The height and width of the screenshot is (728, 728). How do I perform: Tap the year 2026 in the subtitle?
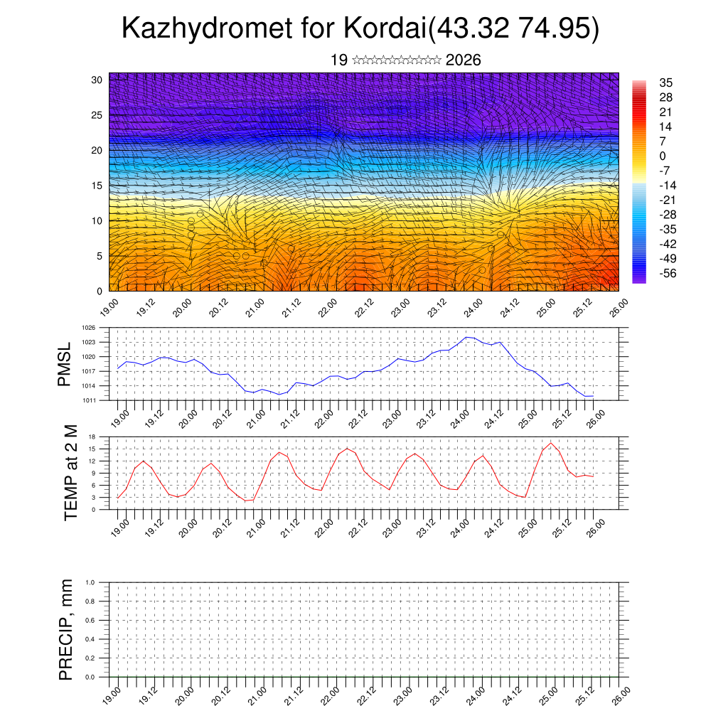(x=463, y=60)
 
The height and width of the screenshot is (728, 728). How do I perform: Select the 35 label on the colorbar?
(x=666, y=82)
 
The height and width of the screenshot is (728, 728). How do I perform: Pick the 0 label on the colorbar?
(x=663, y=156)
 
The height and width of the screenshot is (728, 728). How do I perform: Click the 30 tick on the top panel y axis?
(x=97, y=80)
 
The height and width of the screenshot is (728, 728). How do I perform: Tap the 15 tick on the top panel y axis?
(x=97, y=186)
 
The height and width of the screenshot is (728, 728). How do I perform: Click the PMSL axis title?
(x=64, y=364)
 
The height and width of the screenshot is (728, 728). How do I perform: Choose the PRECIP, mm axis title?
(x=66, y=629)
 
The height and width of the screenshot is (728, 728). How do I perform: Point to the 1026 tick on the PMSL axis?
(x=89, y=328)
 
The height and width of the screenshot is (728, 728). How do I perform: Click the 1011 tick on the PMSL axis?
(x=89, y=400)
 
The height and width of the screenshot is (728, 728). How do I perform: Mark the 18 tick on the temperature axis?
(x=92, y=437)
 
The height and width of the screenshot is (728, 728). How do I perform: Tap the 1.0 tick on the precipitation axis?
(x=90, y=582)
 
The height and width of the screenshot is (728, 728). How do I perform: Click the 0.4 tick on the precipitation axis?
(x=90, y=639)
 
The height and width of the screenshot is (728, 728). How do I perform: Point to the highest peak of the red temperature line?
(x=550, y=443)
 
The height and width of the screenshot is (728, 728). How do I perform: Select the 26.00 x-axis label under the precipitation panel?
(x=619, y=694)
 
